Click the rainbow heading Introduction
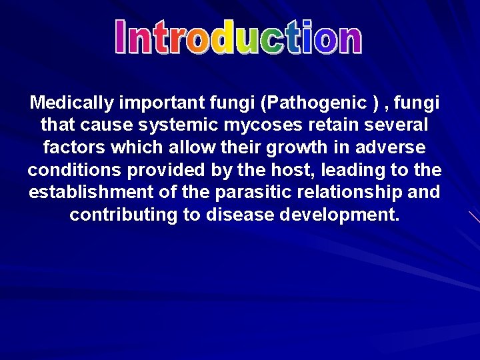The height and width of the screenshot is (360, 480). (x=238, y=37)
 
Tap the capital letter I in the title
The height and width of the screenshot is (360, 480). (x=121, y=37)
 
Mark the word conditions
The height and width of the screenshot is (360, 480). (x=75, y=170)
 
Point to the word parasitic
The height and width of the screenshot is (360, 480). (x=251, y=193)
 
